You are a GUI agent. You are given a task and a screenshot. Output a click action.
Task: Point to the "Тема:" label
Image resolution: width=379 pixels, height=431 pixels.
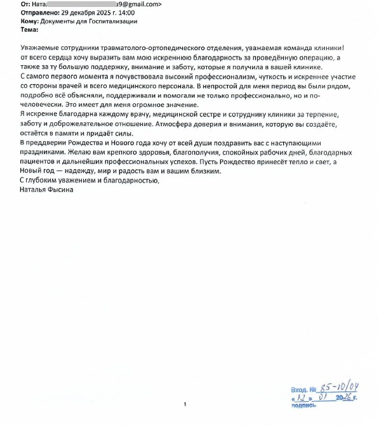29,29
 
